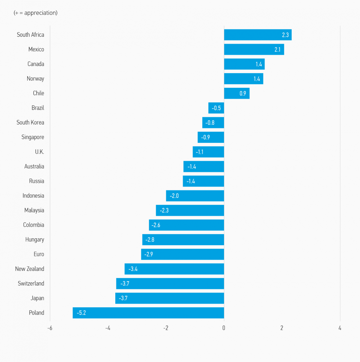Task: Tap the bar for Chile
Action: [236, 93]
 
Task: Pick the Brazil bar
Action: [216, 108]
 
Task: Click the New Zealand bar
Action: [174, 269]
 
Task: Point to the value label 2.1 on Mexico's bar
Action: [278, 49]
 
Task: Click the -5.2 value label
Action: [81, 313]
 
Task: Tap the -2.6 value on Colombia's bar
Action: [156, 225]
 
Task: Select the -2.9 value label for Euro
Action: [149, 254]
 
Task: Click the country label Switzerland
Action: [31, 283]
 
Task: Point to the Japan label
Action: [37, 298]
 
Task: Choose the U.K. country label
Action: [39, 152]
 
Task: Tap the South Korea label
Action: [30, 123]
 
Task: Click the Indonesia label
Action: [33, 196]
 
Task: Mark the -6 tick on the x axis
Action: [50, 328]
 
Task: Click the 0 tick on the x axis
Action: [224, 328]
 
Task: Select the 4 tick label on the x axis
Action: [340, 328]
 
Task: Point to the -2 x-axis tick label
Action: [165, 328]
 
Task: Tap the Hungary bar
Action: [183, 240]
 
